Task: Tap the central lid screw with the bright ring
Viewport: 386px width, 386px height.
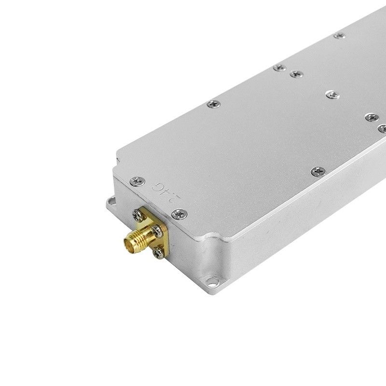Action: click(x=331, y=95)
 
